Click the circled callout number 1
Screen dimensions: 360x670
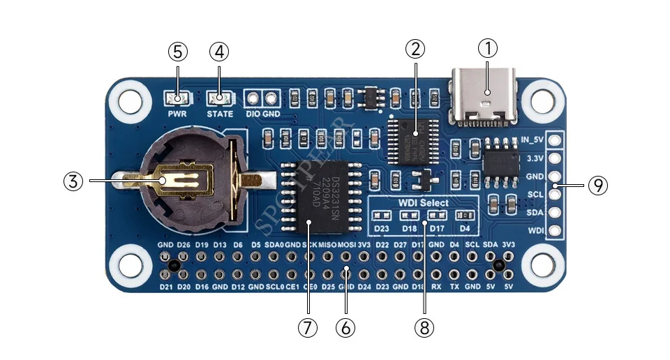pyautogui.click(x=488, y=49)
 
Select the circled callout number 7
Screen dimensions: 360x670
pyautogui.click(x=308, y=327)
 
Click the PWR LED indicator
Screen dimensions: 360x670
pyautogui.click(x=177, y=98)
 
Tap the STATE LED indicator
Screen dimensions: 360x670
pyautogui.click(x=220, y=98)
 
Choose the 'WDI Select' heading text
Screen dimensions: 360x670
pyautogui.click(x=424, y=203)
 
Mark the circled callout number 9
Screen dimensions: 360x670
pyautogui.click(x=597, y=186)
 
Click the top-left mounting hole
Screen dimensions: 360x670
pyautogui.click(x=129, y=98)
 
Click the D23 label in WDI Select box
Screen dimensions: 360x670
pyautogui.click(x=382, y=227)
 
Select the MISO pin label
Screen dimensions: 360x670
pyautogui.click(x=327, y=245)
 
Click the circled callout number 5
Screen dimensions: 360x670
pyautogui.click(x=178, y=51)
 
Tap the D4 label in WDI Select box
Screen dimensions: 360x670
pyautogui.click(x=463, y=227)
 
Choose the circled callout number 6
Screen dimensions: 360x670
pyautogui.click(x=345, y=327)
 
